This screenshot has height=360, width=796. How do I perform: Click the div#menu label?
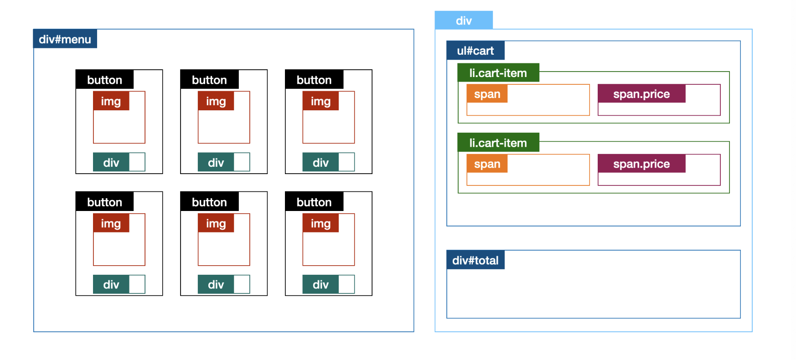[65, 39]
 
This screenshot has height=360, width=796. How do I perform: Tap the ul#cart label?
[475, 51]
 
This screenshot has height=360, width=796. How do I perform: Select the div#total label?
[475, 260]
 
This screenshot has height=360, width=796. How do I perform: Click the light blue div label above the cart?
[463, 21]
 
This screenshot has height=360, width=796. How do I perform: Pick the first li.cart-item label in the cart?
[498, 73]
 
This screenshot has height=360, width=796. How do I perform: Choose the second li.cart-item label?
[498, 143]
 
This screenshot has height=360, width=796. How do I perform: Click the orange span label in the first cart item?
[487, 94]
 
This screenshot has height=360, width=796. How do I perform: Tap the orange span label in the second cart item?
[487, 164]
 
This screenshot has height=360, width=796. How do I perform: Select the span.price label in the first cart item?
[641, 94]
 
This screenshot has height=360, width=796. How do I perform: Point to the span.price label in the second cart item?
[641, 164]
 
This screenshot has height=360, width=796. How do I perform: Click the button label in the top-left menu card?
[104, 80]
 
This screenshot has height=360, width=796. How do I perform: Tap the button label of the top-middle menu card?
[209, 80]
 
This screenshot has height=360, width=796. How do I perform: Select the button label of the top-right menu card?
[314, 80]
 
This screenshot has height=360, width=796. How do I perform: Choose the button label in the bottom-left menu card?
[104, 202]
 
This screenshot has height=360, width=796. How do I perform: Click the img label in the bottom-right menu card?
[320, 223]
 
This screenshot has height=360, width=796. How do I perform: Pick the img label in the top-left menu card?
[111, 101]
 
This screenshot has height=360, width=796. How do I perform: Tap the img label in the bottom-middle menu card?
[216, 223]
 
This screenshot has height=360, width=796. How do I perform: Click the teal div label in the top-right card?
[320, 162]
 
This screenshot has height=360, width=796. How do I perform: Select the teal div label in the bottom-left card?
[111, 284]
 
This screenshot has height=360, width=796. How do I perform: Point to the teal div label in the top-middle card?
[216, 162]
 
